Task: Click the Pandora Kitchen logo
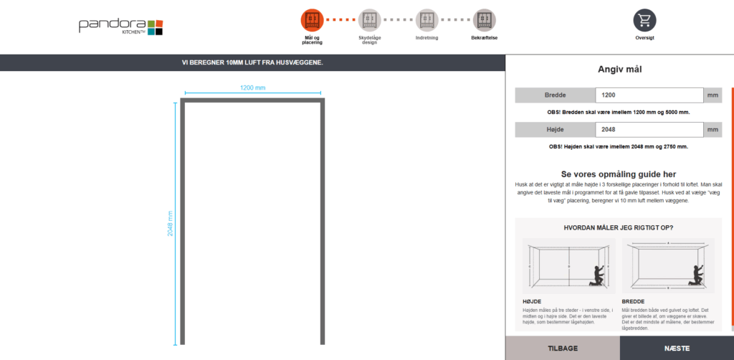coord(120,27)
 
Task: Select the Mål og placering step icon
coord(313,20)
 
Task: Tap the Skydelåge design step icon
coord(370,20)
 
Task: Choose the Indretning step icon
coord(427,20)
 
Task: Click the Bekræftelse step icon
coord(484,20)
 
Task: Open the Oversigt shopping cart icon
coord(644,20)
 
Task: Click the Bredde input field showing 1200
coord(649,95)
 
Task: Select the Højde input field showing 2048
coord(649,130)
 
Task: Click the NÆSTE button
coord(677,349)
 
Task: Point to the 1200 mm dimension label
coord(253,87)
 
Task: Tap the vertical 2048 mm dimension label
coord(171,223)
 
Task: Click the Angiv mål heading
coord(620,70)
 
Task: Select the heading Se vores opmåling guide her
coord(619,174)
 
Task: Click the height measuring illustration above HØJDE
coord(568,266)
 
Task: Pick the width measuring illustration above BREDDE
coord(668,266)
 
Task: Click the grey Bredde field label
coord(556,95)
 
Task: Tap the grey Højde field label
coord(556,130)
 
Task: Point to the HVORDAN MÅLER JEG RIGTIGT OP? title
coord(619,228)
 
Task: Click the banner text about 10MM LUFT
coord(252,62)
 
